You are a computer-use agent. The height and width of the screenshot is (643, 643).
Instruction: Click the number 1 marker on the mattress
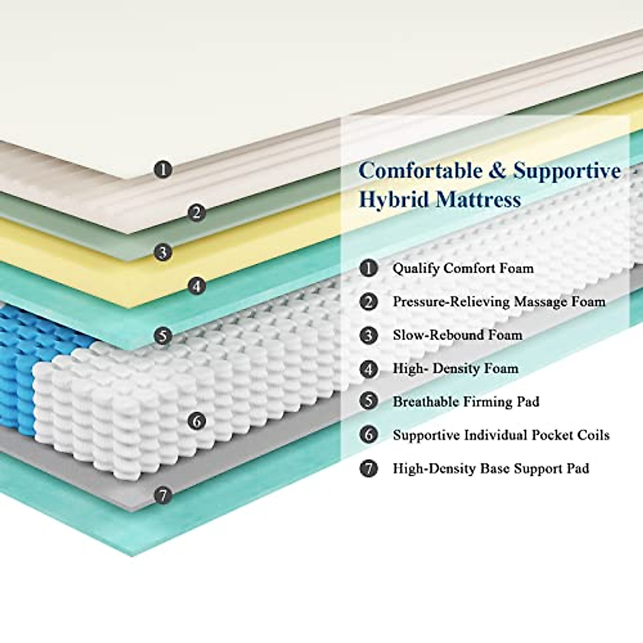[163, 170]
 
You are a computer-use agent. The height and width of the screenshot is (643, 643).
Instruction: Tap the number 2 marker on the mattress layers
[197, 213]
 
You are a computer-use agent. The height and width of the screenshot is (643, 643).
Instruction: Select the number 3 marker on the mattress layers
[163, 251]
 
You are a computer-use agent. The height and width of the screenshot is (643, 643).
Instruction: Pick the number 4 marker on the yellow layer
[197, 286]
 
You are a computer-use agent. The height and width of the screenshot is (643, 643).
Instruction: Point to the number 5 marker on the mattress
[163, 336]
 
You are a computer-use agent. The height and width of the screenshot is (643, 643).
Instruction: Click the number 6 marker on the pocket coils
[197, 421]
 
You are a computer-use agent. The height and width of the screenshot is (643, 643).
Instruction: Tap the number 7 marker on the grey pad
[163, 495]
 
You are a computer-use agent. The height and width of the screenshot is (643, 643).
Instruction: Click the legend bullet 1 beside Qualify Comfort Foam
[369, 268]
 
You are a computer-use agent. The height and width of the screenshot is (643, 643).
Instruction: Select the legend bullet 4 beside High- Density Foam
[369, 369]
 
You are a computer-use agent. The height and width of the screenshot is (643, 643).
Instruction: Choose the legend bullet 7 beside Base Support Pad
[369, 468]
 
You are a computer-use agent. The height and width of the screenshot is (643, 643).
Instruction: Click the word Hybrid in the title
[393, 200]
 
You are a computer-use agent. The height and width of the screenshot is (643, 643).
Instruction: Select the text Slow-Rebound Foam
[457, 335]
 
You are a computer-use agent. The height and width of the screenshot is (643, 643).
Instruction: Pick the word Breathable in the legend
[425, 402]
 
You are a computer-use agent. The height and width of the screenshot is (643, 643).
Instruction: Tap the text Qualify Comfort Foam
[463, 268]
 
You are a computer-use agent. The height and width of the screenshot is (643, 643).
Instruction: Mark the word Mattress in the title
[478, 200]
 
